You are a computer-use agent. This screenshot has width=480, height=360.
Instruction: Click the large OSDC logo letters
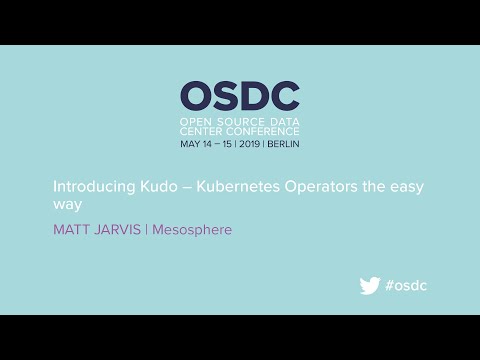(x=240, y=95)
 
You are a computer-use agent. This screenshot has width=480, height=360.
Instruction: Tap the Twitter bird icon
(x=370, y=285)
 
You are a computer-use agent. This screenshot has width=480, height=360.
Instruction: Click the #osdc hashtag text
(x=407, y=285)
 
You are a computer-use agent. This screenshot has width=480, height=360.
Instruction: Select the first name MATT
(x=71, y=230)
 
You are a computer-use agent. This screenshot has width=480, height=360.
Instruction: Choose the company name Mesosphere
(x=192, y=230)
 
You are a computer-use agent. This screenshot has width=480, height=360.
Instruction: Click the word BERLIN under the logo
(x=284, y=143)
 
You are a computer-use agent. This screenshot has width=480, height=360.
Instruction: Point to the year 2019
(x=249, y=143)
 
